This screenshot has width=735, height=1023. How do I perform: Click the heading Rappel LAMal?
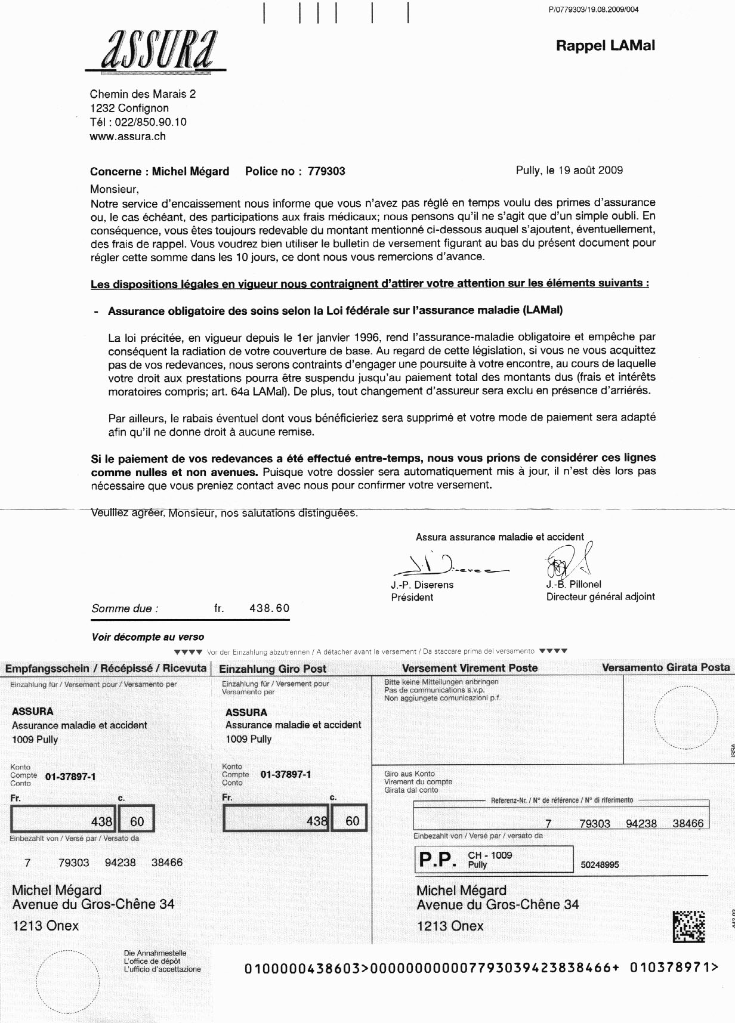point(605,45)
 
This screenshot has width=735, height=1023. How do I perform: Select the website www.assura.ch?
point(128,137)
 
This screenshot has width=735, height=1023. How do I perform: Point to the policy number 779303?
point(326,172)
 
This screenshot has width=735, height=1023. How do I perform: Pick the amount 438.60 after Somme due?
point(269,608)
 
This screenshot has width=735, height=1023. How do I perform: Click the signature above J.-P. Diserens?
point(444,564)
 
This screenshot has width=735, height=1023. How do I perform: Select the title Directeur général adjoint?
point(600,597)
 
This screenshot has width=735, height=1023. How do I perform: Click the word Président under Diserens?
point(412,597)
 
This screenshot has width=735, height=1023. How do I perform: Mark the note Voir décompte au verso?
point(147,637)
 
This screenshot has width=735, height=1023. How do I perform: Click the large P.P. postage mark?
point(438,860)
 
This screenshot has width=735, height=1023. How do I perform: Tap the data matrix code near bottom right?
point(688,927)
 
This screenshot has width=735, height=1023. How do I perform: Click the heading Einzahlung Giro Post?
point(273,669)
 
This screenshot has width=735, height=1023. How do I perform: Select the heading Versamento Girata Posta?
point(665,667)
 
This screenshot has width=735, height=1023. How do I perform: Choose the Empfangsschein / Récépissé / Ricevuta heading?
point(106,669)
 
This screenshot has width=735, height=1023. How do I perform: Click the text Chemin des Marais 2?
point(143,94)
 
